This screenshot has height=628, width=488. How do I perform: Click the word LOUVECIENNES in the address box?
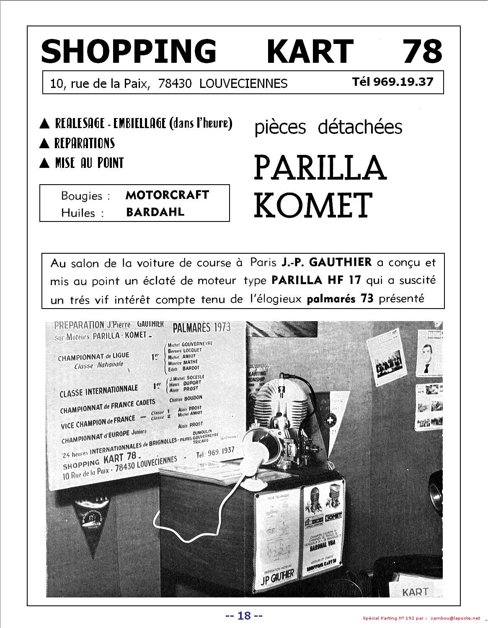point(243,84)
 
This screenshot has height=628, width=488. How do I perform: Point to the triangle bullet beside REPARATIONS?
point(44,144)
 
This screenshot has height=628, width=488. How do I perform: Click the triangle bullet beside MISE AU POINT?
point(44,163)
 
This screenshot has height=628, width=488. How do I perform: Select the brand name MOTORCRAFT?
point(167,195)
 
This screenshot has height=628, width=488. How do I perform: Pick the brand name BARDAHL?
point(155,212)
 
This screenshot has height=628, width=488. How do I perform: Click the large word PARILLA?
point(320,167)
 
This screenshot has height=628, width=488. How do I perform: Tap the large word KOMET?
point(313,205)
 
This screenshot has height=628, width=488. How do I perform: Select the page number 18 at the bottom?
point(244,615)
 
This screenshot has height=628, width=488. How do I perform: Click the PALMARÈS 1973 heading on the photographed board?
point(202,328)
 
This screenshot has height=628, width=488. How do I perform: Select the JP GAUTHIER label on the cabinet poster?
point(277,574)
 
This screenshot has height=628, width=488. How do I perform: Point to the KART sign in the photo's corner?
point(415,592)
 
